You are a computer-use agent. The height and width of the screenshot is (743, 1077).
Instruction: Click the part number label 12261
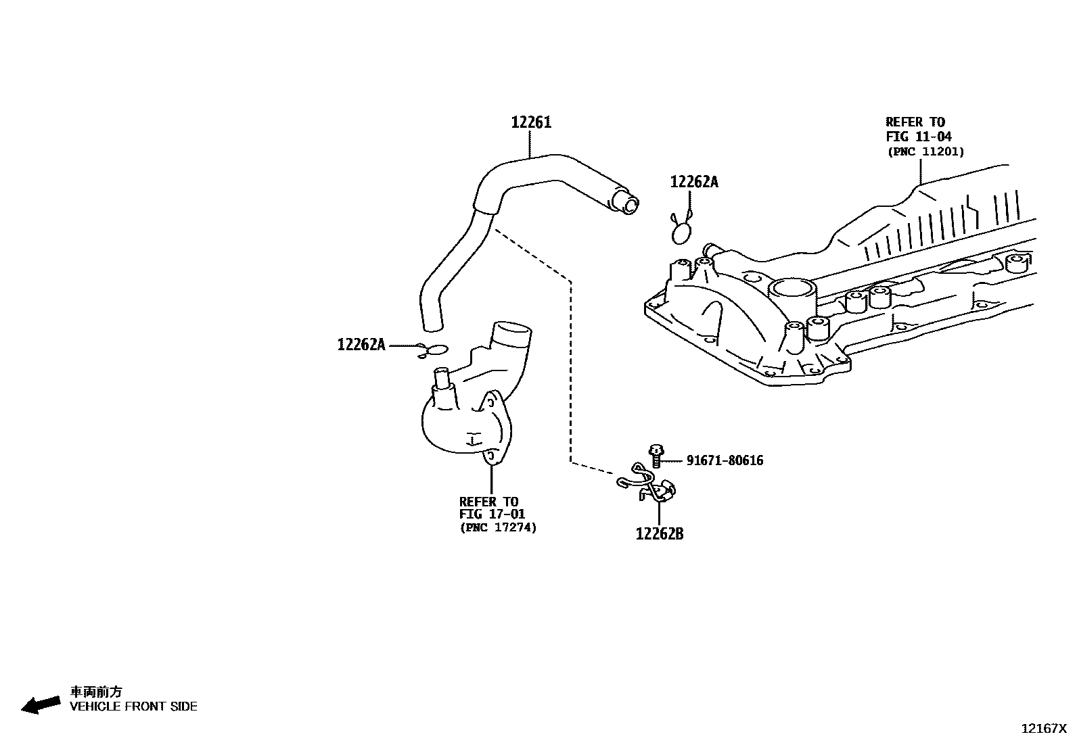(531, 122)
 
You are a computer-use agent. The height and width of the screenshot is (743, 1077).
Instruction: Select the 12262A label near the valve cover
(693, 182)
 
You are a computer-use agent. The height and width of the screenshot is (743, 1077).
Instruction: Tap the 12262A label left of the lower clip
(361, 345)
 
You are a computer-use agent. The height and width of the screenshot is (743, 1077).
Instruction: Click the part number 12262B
(659, 534)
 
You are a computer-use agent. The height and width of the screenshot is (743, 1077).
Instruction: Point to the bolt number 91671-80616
(725, 460)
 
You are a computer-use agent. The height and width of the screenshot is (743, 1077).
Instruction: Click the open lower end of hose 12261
(431, 327)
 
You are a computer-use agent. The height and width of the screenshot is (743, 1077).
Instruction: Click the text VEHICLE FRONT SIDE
(133, 706)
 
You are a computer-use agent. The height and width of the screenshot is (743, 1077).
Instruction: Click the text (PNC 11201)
(925, 151)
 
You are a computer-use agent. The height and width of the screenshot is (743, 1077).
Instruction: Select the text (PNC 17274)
(498, 528)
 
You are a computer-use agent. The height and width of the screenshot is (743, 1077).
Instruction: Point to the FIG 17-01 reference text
(492, 514)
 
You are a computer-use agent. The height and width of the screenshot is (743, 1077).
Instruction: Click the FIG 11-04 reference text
(919, 137)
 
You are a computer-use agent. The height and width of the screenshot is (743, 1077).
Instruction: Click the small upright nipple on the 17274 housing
(442, 379)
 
